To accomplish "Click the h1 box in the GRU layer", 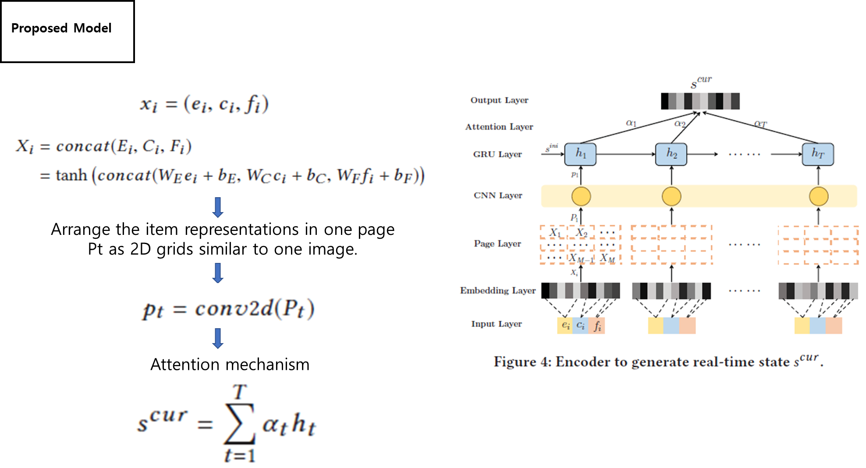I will point(580,154).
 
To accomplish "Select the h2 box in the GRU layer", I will point(671,154).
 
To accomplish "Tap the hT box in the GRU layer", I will point(818,154).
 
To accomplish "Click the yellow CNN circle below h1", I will point(581,196).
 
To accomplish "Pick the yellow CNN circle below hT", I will point(818,196).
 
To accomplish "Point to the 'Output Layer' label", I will point(499,100).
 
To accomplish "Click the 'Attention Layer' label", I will point(499,127).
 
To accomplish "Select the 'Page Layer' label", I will point(497,244).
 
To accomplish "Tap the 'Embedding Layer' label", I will point(498,291).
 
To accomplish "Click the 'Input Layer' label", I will point(497,324).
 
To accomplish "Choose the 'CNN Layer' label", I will point(498,195).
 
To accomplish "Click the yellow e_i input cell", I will point(565,326).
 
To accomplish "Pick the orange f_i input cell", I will point(597,326).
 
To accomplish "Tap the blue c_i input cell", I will point(581,326).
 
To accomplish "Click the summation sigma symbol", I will point(239,423).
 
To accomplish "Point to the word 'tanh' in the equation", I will point(71,176).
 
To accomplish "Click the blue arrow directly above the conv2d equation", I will point(218,273).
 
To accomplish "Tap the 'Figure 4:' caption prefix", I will point(522,362).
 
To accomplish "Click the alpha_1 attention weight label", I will point(631,123).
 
